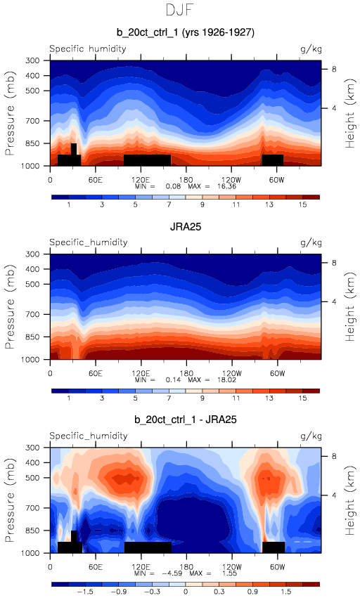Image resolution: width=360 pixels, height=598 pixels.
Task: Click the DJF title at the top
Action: pyautogui.click(x=180, y=10)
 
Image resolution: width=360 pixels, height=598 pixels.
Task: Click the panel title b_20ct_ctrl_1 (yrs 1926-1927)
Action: pyautogui.click(x=186, y=32)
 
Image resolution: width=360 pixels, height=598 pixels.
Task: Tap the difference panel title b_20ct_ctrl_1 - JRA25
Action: pyautogui.click(x=186, y=420)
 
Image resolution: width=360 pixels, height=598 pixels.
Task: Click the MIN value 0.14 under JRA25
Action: pyautogui.click(x=173, y=380)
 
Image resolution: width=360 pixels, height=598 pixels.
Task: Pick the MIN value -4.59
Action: pyautogui.click(x=172, y=573)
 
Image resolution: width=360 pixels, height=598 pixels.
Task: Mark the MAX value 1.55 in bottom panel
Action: pyautogui.click(x=229, y=573)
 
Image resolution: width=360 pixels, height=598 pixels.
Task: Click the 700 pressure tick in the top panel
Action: pyautogui.click(x=32, y=121)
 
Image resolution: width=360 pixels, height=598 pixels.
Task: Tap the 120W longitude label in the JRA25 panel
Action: pyautogui.click(x=231, y=373)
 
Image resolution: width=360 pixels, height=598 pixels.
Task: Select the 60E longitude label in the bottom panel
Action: pyautogui.click(x=96, y=566)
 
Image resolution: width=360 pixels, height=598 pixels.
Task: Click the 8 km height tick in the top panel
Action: pyautogui.click(x=334, y=69)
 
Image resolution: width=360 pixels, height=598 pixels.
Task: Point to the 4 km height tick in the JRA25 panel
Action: pyautogui.click(x=334, y=301)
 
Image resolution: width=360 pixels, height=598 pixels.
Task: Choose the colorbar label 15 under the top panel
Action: pyautogui.click(x=302, y=204)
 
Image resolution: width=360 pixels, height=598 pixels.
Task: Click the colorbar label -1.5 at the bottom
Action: pyautogui.click(x=85, y=592)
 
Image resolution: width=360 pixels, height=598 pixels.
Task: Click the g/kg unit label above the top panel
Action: pyautogui.click(x=311, y=49)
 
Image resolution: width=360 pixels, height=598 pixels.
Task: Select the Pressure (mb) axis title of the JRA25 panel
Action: pyautogui.click(x=10, y=306)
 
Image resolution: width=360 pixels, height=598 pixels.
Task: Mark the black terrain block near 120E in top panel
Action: pyautogui.click(x=147, y=160)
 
